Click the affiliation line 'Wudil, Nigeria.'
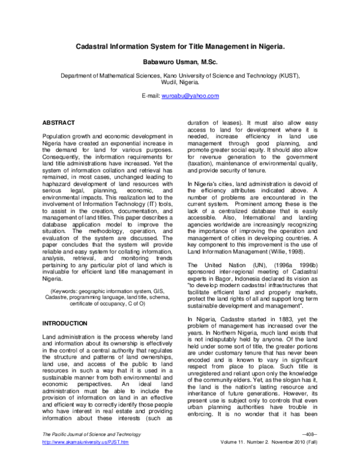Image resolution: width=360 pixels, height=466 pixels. (180, 83)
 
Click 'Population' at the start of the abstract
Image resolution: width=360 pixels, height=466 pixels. (59, 138)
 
